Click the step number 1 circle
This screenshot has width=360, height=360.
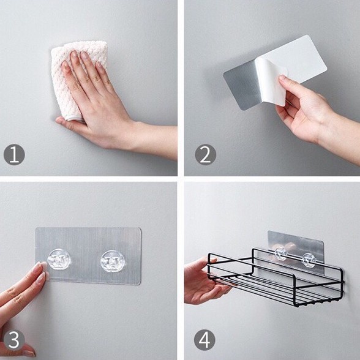(x=14, y=154)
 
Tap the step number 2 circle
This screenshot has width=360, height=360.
(x=206, y=154)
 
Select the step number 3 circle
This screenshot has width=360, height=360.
(x=14, y=340)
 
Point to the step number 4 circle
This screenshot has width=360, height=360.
(x=204, y=340)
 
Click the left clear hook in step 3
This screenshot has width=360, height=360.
(x=59, y=260)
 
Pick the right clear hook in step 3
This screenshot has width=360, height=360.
(x=113, y=261)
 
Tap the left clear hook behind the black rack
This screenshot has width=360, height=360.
(x=280, y=253)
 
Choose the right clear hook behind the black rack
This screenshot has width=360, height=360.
(x=309, y=260)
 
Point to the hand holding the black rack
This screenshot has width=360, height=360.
(x=204, y=282)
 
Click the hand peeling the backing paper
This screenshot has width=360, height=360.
(x=306, y=108)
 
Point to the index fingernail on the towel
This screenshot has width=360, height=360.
(x=74, y=55)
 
